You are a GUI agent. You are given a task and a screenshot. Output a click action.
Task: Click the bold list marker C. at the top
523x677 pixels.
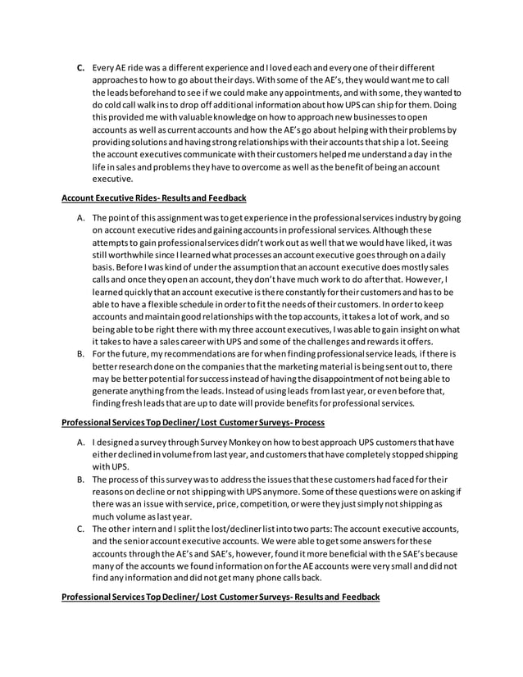81,67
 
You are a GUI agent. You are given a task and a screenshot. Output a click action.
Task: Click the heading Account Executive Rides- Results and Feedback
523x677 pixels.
154,198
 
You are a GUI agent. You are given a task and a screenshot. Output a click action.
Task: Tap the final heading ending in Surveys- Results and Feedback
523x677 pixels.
221,597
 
